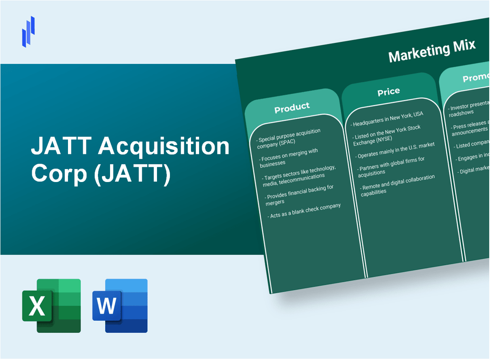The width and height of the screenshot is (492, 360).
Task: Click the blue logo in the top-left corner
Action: (29, 31)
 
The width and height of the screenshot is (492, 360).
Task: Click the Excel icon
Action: (51, 305)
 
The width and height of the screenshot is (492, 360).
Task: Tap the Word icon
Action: (120, 305)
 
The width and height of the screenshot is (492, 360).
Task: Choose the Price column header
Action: (388, 92)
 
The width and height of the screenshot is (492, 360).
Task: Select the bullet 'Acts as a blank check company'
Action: (305, 211)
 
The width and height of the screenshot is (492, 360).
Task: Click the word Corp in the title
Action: (59, 174)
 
